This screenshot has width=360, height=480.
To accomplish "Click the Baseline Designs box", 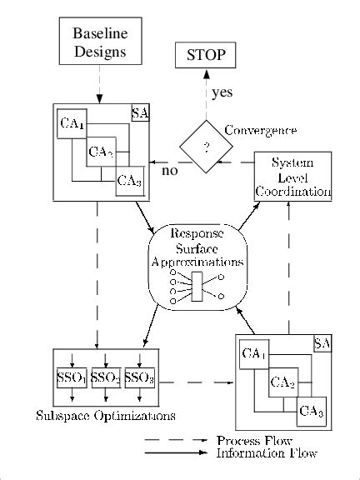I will click(x=98, y=42).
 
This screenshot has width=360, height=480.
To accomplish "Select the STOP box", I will click(x=205, y=57).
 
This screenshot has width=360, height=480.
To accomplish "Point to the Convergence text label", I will click(x=261, y=131).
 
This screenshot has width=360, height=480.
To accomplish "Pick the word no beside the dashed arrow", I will click(x=170, y=171).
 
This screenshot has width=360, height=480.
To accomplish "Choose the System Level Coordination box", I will click(x=292, y=176).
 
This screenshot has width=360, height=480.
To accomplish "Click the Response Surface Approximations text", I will click(x=198, y=248).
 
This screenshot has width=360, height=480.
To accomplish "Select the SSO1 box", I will click(x=72, y=377).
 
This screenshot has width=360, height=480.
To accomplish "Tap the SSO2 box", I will click(x=106, y=377).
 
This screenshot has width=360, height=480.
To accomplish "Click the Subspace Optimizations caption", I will click(x=94, y=415).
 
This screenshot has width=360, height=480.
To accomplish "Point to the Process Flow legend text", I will click(x=254, y=440).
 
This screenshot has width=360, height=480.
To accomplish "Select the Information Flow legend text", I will click(x=267, y=453).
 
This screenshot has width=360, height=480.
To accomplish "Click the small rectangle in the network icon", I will click(x=197, y=286).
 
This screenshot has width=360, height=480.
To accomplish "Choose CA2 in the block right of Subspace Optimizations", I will click(x=284, y=383).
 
